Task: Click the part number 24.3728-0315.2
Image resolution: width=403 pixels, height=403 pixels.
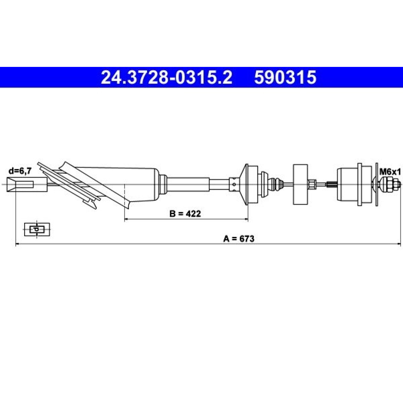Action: (x=166, y=77)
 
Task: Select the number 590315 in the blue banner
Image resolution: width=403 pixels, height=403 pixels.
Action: (x=285, y=77)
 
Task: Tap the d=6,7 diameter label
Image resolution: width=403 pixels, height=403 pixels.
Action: (x=20, y=170)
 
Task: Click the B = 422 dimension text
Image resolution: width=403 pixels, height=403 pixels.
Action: (x=185, y=213)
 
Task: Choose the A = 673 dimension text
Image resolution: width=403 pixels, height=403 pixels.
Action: (x=239, y=239)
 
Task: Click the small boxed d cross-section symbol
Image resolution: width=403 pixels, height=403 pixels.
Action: (x=37, y=229)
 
